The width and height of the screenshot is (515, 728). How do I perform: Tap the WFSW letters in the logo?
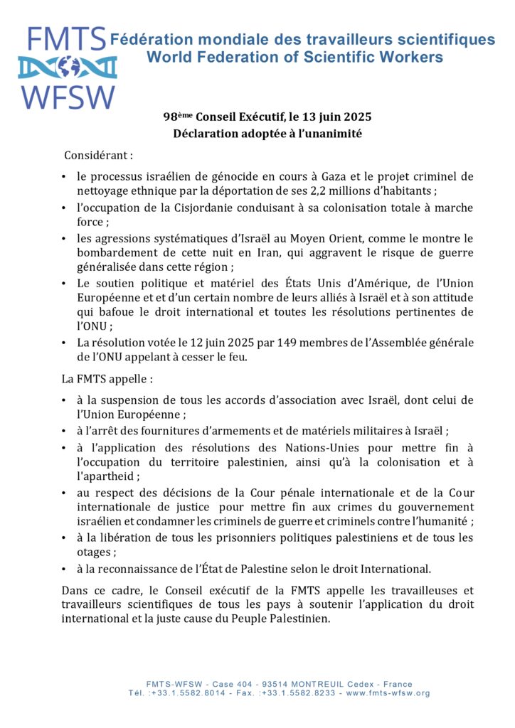(x=68, y=97)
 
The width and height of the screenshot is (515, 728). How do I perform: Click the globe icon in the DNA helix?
(x=68, y=68)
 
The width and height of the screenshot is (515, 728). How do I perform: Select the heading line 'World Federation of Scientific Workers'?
(x=294, y=57)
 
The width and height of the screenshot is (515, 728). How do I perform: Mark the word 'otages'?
(x=95, y=552)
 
